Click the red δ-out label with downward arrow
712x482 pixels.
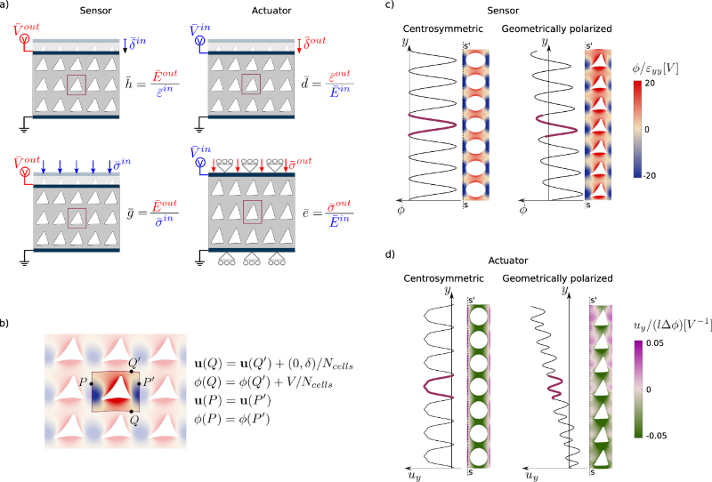(x=311, y=42)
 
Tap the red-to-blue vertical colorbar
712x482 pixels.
(x=637, y=129)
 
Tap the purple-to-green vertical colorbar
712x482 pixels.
(x=638, y=389)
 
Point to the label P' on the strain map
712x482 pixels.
(x=150, y=382)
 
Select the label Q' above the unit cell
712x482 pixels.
(x=134, y=363)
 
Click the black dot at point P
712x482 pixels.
(x=92, y=383)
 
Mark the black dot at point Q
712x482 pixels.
(x=131, y=411)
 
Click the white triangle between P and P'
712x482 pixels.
(x=116, y=389)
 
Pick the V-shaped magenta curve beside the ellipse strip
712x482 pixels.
(x=431, y=125)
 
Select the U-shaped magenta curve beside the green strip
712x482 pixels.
(x=438, y=386)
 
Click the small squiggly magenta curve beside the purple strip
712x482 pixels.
(x=554, y=386)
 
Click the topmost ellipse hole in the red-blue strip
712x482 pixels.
(x=476, y=60)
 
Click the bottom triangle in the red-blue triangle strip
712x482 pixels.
(x=599, y=189)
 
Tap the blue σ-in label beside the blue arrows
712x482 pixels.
(x=122, y=163)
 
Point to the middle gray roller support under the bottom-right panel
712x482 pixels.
(x=252, y=259)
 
